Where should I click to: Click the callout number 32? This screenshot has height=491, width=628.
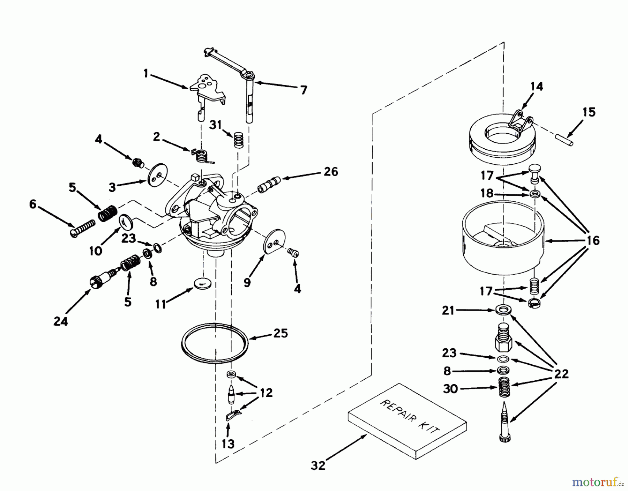tap(318, 465)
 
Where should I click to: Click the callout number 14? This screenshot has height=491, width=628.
tap(536, 86)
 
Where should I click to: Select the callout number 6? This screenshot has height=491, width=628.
tap(33, 204)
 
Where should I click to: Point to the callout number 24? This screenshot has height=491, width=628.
tap(61, 321)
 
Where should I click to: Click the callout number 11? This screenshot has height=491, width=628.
tap(161, 304)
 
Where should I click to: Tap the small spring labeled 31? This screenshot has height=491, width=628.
tap(238, 140)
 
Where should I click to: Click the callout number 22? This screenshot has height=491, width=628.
tap(561, 374)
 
